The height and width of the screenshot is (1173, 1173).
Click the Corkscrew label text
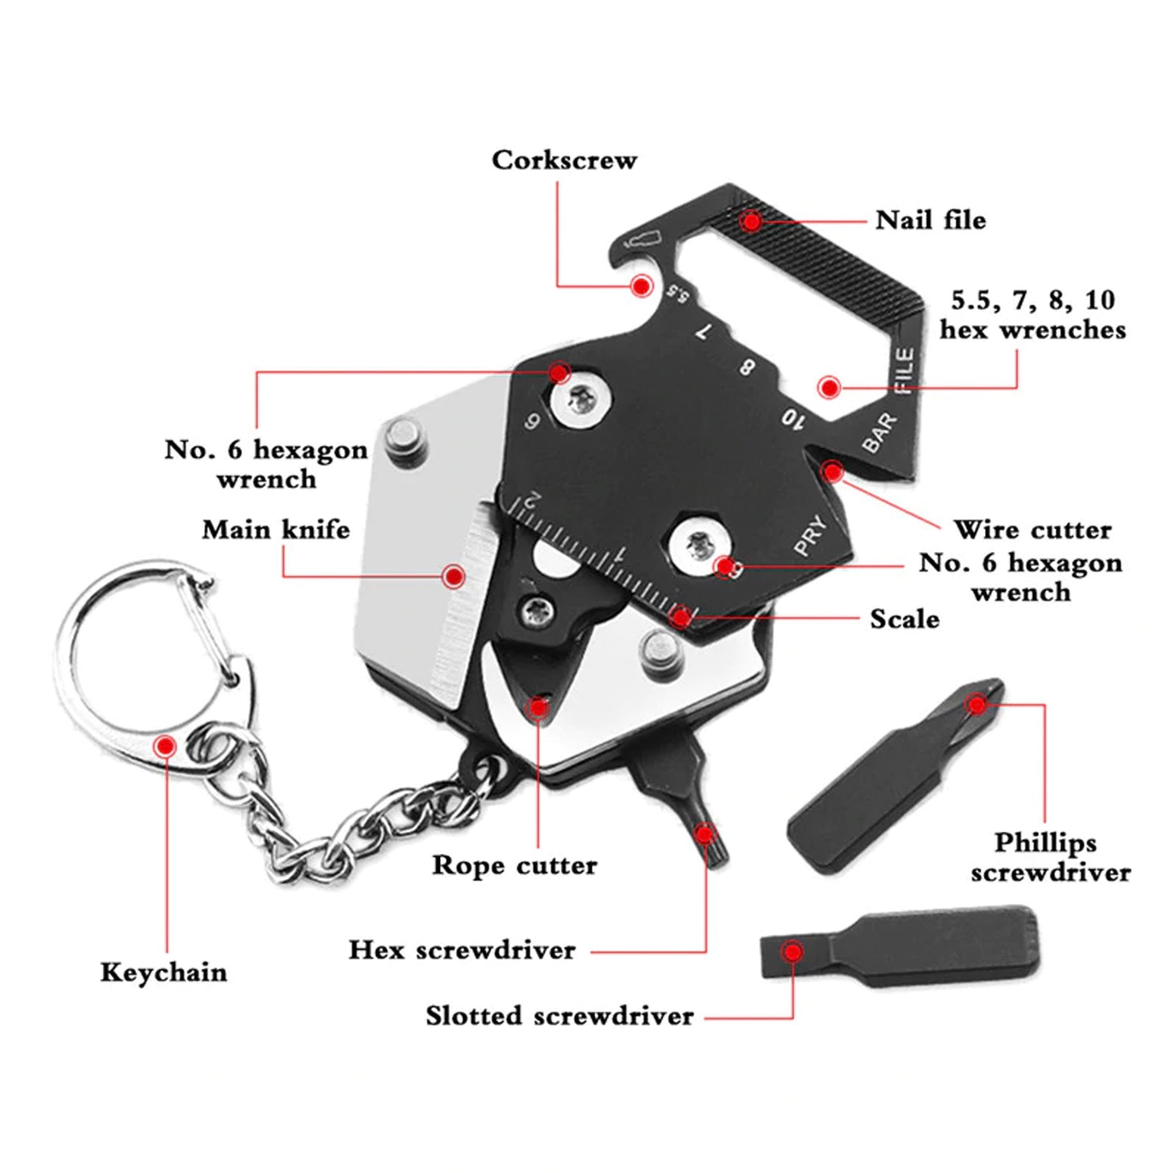click(x=564, y=160)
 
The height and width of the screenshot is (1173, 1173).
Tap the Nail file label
click(x=930, y=220)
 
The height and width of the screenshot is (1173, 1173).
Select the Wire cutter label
click(x=1032, y=530)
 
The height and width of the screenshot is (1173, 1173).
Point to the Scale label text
click(x=905, y=619)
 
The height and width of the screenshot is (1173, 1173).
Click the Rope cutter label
click(x=514, y=865)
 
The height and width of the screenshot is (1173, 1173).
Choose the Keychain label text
click(x=164, y=972)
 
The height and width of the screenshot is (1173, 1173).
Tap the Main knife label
click(x=276, y=530)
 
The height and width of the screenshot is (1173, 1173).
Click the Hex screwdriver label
click(x=462, y=950)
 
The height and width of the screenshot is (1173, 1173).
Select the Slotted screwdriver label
click(x=560, y=1016)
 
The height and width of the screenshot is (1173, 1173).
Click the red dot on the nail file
click(x=752, y=222)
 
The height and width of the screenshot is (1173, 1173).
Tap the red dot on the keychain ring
click(x=166, y=745)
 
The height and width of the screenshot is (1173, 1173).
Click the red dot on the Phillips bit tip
click(x=976, y=704)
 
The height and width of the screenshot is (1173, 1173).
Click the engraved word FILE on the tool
click(x=905, y=371)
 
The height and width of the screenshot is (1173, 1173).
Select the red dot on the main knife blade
click(x=454, y=576)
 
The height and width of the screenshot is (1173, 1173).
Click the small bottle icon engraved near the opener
click(x=645, y=239)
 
